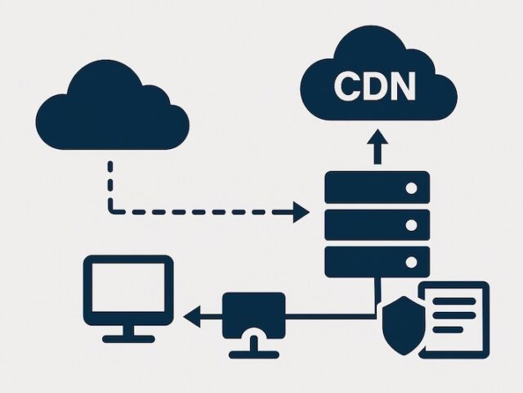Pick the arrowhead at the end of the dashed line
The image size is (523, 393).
click(302, 213)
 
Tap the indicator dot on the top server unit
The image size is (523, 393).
click(411, 188)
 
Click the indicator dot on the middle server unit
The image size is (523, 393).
click(411, 224)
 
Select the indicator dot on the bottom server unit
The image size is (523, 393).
click(411, 261)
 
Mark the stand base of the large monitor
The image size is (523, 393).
click(128, 337)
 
